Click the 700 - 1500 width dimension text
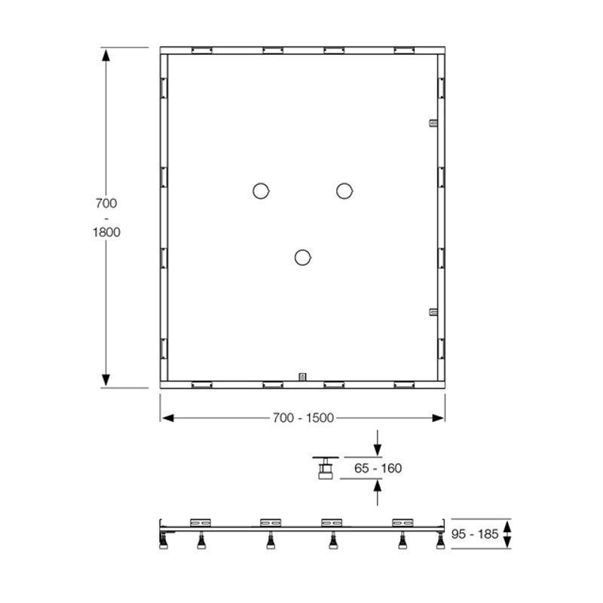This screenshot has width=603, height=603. click(x=303, y=418)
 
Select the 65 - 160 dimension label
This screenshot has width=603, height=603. click(x=378, y=468)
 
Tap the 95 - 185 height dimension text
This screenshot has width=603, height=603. click(x=475, y=534)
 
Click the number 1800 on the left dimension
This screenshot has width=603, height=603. click(x=106, y=232)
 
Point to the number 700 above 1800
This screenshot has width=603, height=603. click(x=106, y=203)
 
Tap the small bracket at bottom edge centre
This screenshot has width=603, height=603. click(x=303, y=377)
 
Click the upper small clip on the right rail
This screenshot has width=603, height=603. click(x=433, y=123)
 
